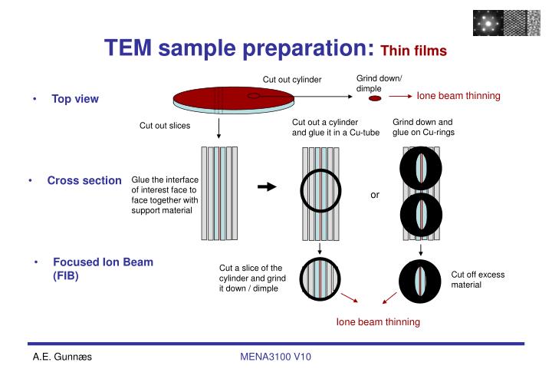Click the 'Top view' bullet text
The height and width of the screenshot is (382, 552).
(x=75, y=99)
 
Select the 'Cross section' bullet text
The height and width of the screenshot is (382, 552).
(x=84, y=181)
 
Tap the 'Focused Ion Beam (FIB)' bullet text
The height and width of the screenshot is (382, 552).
(x=103, y=268)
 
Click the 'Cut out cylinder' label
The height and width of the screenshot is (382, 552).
(x=292, y=79)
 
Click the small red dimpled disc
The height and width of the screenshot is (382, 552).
(x=370, y=99)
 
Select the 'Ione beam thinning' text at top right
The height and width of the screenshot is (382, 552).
(x=458, y=96)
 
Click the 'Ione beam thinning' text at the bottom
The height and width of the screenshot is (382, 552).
(x=378, y=322)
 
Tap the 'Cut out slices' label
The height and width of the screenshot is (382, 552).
(x=164, y=125)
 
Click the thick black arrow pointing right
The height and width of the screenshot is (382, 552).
(x=266, y=186)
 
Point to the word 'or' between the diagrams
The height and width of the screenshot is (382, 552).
(x=375, y=195)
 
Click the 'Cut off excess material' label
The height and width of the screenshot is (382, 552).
(x=477, y=279)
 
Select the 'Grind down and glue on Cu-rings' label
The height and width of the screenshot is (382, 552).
(x=423, y=127)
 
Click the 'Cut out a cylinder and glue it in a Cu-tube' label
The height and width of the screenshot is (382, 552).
(x=330, y=127)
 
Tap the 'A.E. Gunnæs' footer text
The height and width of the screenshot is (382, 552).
(x=62, y=357)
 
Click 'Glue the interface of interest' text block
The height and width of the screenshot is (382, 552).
(x=165, y=195)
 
